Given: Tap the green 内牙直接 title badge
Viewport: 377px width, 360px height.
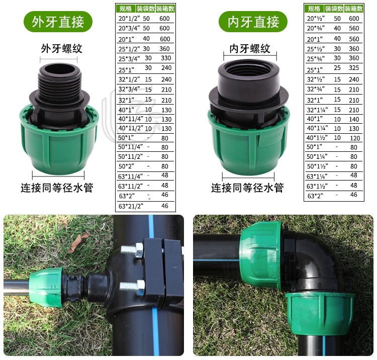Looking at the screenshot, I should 253,22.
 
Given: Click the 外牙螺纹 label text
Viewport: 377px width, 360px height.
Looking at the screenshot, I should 61,49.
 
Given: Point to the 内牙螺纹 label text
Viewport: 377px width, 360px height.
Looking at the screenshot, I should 250,49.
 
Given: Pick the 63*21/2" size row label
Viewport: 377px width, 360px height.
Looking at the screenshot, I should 131,206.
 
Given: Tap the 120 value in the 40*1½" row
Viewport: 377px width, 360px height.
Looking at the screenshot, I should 354,138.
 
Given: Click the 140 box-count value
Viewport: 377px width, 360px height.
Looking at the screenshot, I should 354,120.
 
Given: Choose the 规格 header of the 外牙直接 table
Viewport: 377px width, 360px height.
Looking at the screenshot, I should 124,9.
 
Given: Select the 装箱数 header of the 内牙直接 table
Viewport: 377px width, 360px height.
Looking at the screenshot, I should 354,9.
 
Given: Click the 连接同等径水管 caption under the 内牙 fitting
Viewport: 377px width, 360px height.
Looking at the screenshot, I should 247,188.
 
